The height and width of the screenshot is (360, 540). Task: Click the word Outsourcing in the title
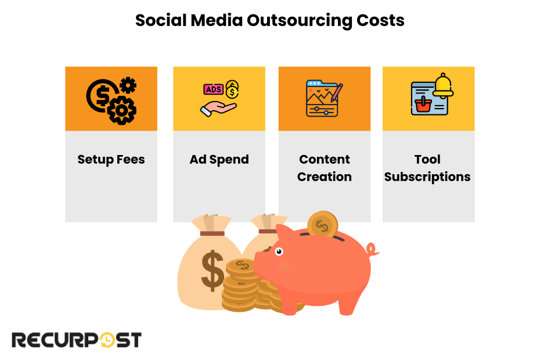[298, 21]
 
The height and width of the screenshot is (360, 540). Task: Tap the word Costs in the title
[381, 21]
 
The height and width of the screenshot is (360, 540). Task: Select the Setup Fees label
[111, 160]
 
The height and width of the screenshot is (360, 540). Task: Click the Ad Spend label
[219, 160]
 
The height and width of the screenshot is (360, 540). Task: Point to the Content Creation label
[325, 168]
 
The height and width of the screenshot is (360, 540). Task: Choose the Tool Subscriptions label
[427, 168]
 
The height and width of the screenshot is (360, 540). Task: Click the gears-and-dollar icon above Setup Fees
[111, 99]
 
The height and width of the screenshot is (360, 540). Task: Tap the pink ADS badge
[213, 89]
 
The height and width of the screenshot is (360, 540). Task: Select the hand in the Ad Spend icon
[218, 108]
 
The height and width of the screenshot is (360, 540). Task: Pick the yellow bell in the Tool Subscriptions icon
[443, 85]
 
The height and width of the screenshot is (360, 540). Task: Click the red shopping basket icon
[422, 105]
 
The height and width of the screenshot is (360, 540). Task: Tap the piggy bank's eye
[279, 251]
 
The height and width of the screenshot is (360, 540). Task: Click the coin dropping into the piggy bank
[322, 224]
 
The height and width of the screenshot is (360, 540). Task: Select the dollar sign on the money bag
[213, 269]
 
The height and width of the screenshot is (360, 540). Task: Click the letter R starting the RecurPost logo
[20, 340]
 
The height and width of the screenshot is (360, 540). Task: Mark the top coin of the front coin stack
[242, 267]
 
